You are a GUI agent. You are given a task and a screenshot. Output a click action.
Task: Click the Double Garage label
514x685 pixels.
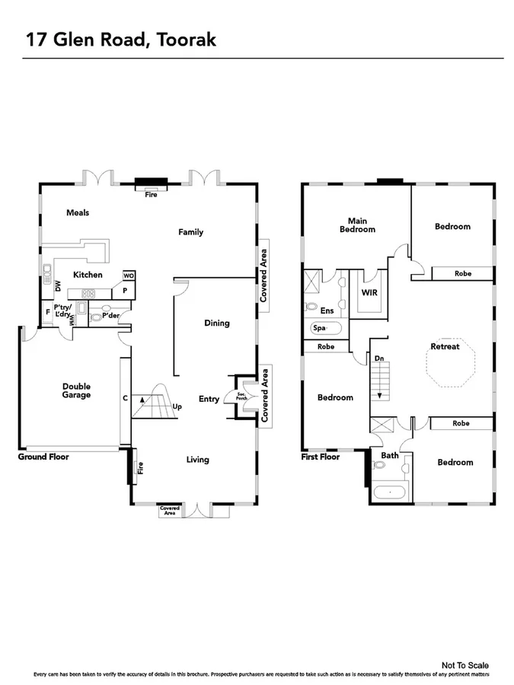(x=76, y=390)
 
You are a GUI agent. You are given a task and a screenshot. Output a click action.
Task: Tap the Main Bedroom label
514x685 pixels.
(x=356, y=225)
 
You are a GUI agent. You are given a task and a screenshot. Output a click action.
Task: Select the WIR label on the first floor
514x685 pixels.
(x=369, y=292)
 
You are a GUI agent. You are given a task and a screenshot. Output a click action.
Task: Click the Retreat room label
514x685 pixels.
(x=445, y=346)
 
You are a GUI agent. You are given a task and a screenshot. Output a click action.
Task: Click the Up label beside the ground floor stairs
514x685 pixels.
(x=177, y=406)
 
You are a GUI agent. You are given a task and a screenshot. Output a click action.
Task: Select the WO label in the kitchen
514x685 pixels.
(x=129, y=276)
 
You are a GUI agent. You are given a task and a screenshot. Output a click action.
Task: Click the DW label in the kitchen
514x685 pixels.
(x=57, y=286)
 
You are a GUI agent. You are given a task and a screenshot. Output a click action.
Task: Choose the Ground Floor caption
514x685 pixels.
(x=43, y=457)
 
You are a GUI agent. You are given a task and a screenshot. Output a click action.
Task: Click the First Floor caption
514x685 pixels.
(x=321, y=457)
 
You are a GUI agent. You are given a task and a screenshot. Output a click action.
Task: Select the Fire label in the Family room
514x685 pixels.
(x=152, y=194)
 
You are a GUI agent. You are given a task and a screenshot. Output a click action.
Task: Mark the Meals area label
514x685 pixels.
(x=78, y=212)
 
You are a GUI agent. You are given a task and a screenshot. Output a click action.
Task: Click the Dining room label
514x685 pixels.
(x=217, y=323)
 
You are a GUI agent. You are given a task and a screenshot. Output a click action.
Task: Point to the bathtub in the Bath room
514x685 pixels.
(x=391, y=492)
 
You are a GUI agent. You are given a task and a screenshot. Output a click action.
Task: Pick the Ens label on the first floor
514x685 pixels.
(x=327, y=311)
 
